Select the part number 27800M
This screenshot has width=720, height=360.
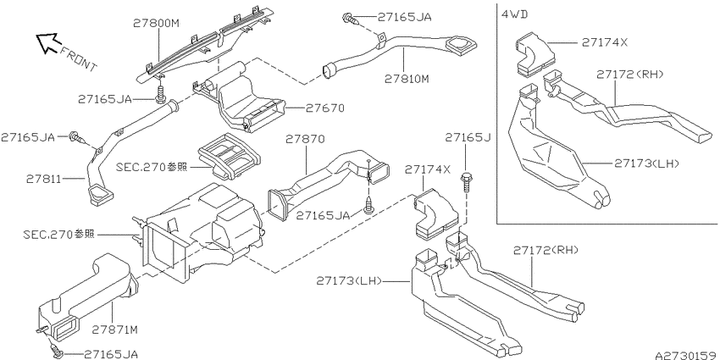[x=155, y=23]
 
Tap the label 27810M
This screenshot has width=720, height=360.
[x=407, y=79]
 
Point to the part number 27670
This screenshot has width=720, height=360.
[x=325, y=108]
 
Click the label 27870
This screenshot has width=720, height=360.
[x=305, y=139]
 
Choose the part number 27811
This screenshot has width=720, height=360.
[x=44, y=178]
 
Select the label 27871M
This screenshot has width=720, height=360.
[x=115, y=330]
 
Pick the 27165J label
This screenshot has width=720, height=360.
[x=466, y=138]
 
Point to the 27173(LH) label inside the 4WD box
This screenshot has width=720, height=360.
[x=646, y=163]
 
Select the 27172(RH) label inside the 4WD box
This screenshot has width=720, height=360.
[x=630, y=74]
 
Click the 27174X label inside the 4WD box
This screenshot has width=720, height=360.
[x=604, y=42]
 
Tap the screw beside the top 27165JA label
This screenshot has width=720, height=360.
[x=351, y=19]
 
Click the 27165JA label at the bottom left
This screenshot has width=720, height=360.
[x=111, y=354]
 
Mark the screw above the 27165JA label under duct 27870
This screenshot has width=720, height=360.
[x=368, y=206]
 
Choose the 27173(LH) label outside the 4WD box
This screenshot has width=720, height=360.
[x=349, y=280]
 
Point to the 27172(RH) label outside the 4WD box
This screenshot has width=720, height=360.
[x=546, y=250]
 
